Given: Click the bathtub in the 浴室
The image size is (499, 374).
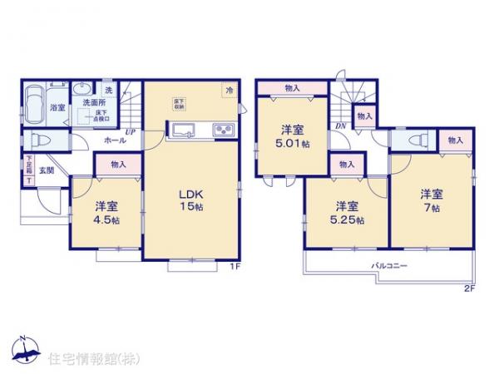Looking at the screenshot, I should tap(37, 106).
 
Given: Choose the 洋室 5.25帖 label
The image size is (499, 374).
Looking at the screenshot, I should tap(348, 211).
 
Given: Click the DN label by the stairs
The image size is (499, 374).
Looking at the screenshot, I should tap(341, 125).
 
